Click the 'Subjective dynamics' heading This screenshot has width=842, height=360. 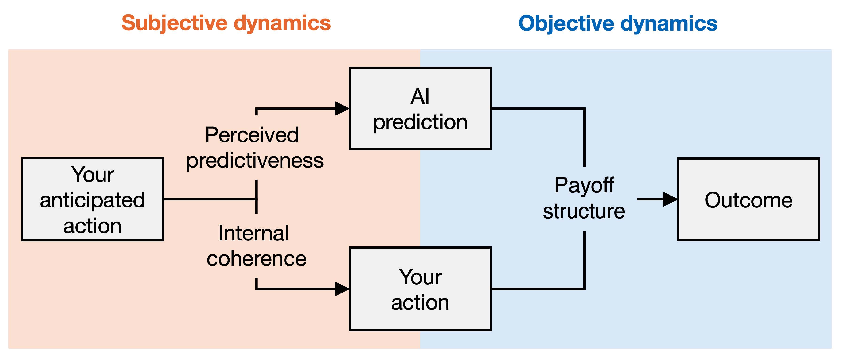pyautogui.click(x=226, y=23)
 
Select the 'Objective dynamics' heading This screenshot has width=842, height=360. pyautogui.click(x=618, y=23)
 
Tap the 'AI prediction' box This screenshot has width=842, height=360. pyautogui.click(x=420, y=109)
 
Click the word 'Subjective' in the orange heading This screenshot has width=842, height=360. pyautogui.click(x=175, y=23)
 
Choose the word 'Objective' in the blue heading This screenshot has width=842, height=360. pyautogui.click(x=566, y=23)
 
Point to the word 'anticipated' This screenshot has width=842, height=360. pyautogui.click(x=93, y=200)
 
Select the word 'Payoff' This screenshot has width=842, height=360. pyautogui.click(x=584, y=185)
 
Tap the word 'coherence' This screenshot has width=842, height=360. pyautogui.click(x=257, y=259)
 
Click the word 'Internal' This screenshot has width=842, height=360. pyautogui.click(x=253, y=233)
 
